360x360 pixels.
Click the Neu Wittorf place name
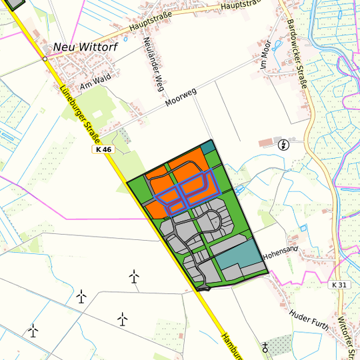(85, 48)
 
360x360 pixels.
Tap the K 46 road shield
(103, 150)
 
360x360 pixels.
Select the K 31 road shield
(339, 285)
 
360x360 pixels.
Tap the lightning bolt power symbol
(285, 145)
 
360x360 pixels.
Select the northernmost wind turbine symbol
(134, 275)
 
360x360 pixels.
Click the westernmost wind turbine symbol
(33, 329)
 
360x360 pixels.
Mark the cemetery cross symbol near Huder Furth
(266, 347)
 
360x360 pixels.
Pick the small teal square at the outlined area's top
(209, 147)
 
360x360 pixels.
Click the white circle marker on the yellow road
(45, 59)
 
